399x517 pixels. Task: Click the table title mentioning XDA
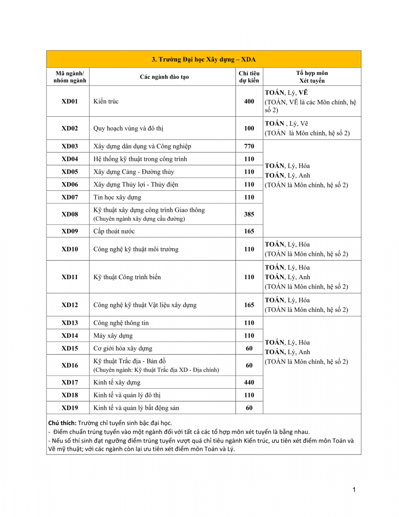pyautogui.click(x=204, y=59)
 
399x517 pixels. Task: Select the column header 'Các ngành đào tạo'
pyautogui.click(x=164, y=77)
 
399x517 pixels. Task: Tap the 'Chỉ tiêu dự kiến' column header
pyautogui.click(x=249, y=77)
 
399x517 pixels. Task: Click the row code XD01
pyautogui.click(x=69, y=102)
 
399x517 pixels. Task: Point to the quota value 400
pyautogui.click(x=249, y=102)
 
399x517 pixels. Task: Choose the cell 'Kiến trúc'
pyautogui.click(x=106, y=102)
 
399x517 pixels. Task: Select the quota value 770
pyautogui.click(x=249, y=146)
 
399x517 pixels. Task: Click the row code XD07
pyautogui.click(x=69, y=197)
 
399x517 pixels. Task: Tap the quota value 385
pyautogui.click(x=249, y=214)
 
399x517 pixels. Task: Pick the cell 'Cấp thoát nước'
pyautogui.click(x=114, y=231)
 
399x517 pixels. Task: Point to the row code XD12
pyautogui.click(x=69, y=305)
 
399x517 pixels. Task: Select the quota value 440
pyautogui.click(x=249, y=382)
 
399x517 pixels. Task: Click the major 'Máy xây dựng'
pyautogui.click(x=113, y=336)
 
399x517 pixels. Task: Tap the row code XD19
pyautogui.click(x=69, y=408)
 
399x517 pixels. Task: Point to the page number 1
pyautogui.click(x=354, y=489)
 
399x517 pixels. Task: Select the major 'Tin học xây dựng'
pyautogui.click(x=117, y=197)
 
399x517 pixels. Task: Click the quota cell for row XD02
pyautogui.click(x=249, y=128)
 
